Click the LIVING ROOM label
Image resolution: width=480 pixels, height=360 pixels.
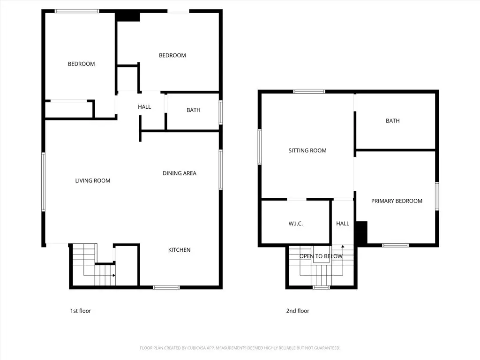93,180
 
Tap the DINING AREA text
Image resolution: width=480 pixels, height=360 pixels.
180,173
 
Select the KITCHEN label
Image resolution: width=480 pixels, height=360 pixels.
180,250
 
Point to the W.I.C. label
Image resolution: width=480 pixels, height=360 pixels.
296,224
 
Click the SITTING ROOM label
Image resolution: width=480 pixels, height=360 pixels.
307,150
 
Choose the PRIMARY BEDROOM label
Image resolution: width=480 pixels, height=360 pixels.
397,201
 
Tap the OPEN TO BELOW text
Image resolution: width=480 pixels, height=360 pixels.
321,256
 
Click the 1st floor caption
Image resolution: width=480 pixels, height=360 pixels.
81,311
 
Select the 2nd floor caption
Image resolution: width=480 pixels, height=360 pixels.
298,311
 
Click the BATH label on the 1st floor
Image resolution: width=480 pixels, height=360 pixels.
194,110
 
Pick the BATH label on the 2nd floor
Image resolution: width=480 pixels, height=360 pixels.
393,121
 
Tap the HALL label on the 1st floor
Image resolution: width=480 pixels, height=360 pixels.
144,107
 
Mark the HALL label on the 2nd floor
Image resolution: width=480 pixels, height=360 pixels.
343,224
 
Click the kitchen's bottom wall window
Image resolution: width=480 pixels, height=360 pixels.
166,287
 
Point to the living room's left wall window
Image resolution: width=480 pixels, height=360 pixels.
44,182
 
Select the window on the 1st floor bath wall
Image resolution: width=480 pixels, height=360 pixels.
220,112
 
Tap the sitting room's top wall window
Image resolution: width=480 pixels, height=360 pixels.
309,91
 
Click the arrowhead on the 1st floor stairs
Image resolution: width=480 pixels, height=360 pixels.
114,276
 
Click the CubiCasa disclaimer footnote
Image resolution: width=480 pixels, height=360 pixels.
240,348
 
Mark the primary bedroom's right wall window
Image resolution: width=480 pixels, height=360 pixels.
437,196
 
